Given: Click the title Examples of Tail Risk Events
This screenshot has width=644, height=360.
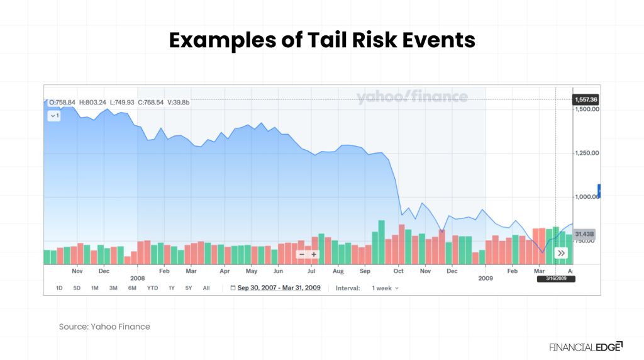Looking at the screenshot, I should [321, 40].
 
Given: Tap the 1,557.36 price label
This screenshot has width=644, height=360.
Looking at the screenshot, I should [585, 99].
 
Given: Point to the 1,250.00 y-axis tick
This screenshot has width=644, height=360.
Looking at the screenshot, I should [586, 153].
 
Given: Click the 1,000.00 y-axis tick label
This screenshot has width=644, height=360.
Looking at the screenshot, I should [586, 196].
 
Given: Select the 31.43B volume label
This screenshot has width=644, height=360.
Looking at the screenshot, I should [584, 234].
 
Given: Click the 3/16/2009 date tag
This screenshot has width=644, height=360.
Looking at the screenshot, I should [556, 279].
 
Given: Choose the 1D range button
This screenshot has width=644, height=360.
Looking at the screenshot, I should [59, 288].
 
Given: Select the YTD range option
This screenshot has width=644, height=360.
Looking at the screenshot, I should [152, 288].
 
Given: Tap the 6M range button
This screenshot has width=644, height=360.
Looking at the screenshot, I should [132, 288].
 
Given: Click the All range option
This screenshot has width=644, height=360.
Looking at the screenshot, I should [206, 288].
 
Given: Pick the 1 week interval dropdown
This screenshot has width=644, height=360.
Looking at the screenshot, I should [385, 288].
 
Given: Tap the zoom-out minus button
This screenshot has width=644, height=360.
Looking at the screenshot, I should [302, 254].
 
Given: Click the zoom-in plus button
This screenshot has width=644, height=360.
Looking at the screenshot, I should [314, 254].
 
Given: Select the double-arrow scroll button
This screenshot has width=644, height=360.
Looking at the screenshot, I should [561, 253].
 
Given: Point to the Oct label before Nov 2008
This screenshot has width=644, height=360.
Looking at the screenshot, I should [398, 271].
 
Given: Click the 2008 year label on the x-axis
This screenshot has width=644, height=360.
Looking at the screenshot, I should [137, 278].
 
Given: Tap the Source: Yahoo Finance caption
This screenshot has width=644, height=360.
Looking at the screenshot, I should [104, 327].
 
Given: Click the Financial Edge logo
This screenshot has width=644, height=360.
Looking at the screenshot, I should [586, 346].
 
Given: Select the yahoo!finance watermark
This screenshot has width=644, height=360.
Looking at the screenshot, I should [412, 97].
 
